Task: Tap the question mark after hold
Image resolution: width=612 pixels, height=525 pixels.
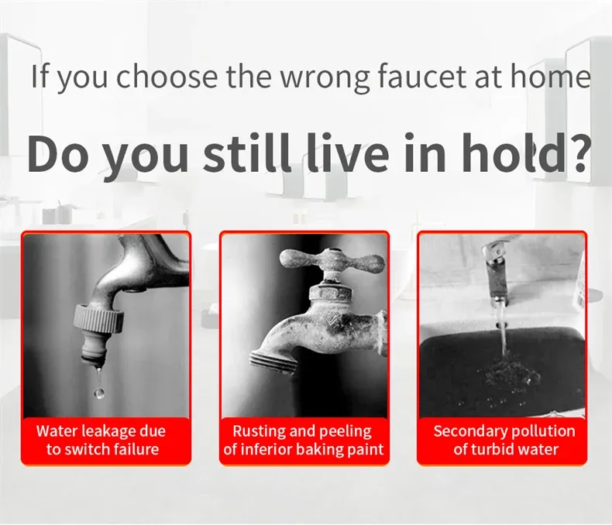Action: [x=577, y=153]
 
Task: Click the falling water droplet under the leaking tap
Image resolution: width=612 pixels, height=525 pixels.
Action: [x=99, y=393]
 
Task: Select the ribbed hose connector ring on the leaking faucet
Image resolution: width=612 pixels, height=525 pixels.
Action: [x=99, y=319]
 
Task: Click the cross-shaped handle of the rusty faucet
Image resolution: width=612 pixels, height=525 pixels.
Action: [x=332, y=262]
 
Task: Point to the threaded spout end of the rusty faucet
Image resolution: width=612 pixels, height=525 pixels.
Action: [x=273, y=362]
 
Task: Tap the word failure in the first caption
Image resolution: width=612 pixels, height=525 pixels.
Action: [x=136, y=449]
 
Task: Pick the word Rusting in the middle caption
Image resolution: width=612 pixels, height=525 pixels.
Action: [x=260, y=432]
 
